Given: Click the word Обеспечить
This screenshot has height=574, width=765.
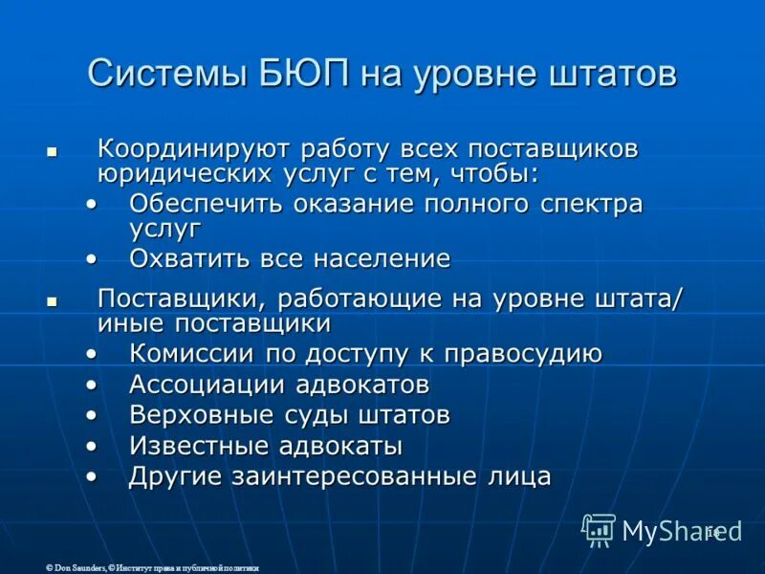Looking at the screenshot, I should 205,204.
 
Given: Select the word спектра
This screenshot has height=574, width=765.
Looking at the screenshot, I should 587,204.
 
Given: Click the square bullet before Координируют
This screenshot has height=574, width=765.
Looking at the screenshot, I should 53,152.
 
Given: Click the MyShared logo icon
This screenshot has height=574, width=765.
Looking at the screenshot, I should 599,529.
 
